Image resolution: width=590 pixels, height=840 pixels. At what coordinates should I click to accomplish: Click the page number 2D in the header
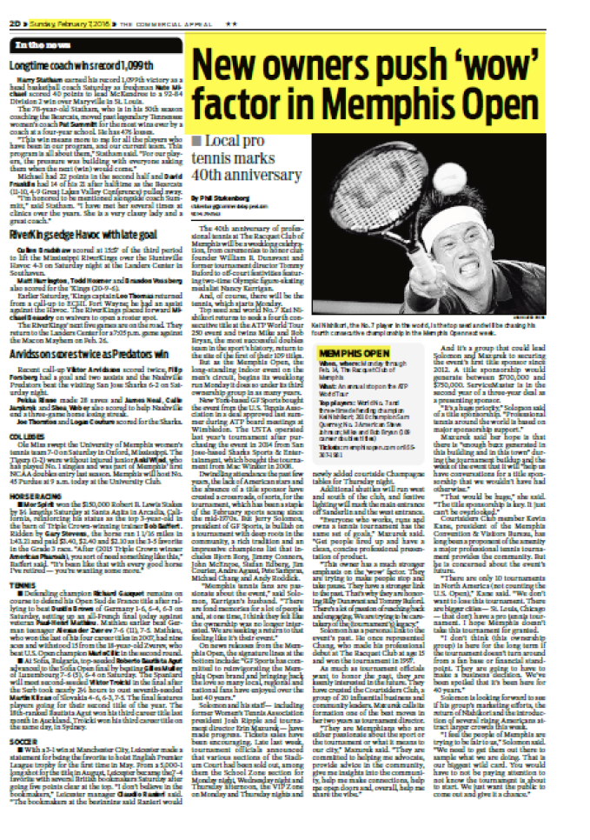(16, 26)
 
